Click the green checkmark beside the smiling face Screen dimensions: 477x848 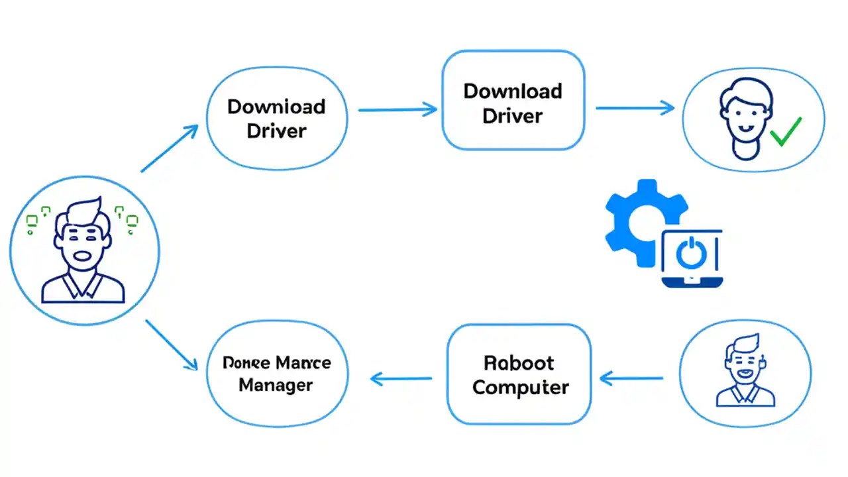(786, 132)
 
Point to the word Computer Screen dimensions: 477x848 (520, 387)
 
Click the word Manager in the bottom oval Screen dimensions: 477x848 (276, 385)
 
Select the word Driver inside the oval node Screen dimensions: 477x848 (276, 131)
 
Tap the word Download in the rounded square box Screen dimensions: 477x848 (513, 91)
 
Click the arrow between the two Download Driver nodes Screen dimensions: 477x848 (397, 110)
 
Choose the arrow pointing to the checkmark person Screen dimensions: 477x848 (635, 108)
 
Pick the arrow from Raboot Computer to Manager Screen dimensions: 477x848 (401, 379)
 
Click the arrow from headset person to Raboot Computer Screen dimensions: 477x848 (631, 378)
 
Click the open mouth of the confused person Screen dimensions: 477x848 (82, 256)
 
